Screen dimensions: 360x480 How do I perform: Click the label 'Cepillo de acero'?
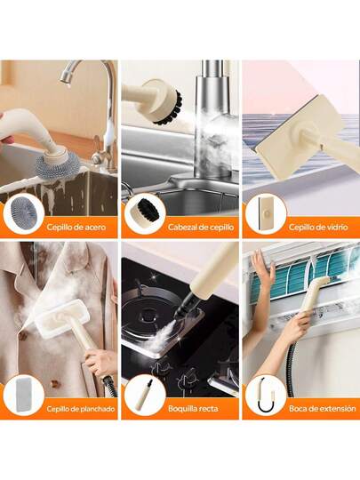[76, 228]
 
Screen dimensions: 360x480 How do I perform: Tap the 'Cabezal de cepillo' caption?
[201, 228]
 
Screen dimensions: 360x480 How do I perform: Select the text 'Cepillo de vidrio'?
[318, 228]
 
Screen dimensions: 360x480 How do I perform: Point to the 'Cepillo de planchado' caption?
[81, 409]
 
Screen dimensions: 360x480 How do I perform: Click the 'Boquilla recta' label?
[193, 409]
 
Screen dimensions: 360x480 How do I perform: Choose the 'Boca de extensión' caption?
[323, 409]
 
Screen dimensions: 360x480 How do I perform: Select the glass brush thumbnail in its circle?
[266, 213]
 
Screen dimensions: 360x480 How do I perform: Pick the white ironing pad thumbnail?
[24, 395]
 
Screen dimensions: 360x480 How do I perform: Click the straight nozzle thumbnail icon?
[145, 396]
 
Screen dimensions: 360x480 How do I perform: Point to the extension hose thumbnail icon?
[266, 395]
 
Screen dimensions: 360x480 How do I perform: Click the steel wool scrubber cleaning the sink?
[58, 167]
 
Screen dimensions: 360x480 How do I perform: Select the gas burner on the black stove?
[149, 309]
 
